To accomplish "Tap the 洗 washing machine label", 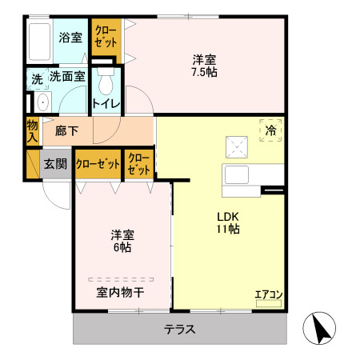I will coord(37,79).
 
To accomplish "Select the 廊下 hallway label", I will coord(66,130).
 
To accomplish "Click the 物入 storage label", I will coord(32,130).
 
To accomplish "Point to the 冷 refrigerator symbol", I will coord(270,130).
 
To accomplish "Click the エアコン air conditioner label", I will coord(268,294).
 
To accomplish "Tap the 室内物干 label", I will coord(120,292).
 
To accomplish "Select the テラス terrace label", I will coord(180,329).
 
